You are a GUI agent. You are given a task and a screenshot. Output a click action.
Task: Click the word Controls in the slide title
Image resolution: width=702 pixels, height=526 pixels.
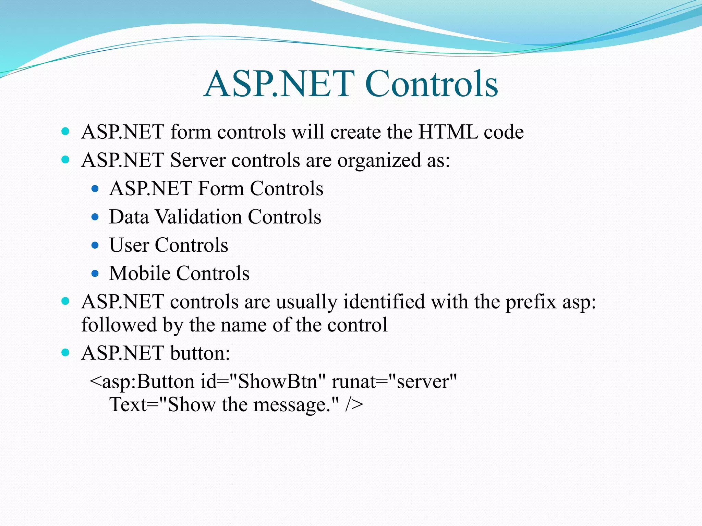click(431, 84)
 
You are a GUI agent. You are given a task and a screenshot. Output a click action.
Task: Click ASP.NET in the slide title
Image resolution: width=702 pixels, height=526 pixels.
click(279, 84)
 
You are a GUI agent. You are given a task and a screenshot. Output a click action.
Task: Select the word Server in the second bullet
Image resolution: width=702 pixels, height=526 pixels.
click(198, 160)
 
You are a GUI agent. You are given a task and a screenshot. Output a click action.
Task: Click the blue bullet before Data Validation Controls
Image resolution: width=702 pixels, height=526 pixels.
click(95, 217)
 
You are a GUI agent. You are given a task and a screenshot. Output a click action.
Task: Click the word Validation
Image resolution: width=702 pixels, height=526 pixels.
click(198, 217)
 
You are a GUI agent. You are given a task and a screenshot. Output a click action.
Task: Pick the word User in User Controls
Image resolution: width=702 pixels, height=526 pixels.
click(129, 245)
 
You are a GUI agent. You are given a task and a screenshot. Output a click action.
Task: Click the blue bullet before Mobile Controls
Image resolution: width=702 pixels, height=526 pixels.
click(95, 274)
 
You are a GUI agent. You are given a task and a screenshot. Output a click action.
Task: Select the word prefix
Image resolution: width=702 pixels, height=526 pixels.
click(531, 302)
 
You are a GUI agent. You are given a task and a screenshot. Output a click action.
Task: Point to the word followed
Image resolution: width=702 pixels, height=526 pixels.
click(119, 325)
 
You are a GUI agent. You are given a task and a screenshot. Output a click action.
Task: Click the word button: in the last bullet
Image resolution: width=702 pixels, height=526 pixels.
click(200, 353)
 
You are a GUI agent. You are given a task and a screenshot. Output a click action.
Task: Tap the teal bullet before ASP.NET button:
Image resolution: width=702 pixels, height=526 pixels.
click(65, 353)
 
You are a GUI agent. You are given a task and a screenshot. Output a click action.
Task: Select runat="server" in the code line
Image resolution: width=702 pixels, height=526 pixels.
click(394, 381)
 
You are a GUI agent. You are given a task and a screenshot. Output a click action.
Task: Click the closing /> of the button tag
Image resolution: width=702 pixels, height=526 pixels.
click(354, 405)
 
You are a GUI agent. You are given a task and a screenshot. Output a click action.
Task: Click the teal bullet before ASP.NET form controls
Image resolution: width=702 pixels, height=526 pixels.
click(65, 131)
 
